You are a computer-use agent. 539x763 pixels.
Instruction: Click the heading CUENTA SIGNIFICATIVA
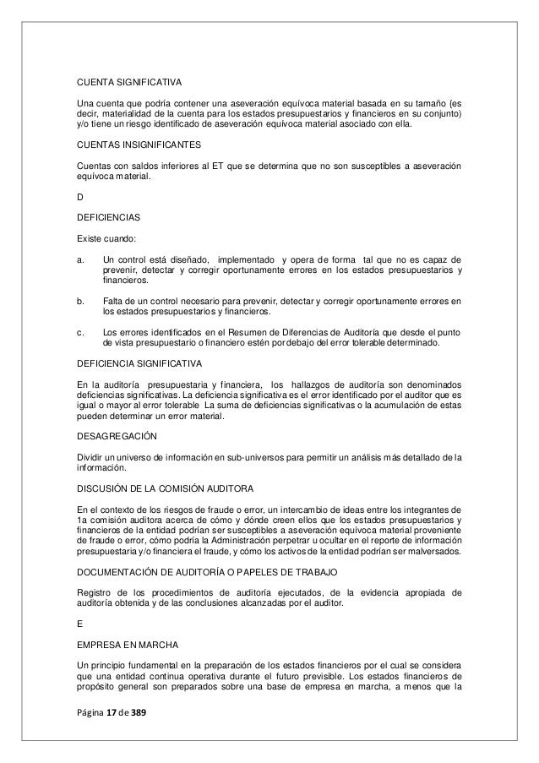pos(129,84)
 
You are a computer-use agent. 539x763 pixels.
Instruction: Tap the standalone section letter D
pos(79,196)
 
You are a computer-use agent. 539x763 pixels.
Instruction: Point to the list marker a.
pos(79,257)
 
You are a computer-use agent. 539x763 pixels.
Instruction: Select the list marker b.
pos(79,300)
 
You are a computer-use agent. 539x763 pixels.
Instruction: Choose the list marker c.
pos(79,331)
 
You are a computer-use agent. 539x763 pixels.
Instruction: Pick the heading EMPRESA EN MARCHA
pos(124,646)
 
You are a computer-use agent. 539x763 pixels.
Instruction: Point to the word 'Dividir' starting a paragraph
pos(90,457)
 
